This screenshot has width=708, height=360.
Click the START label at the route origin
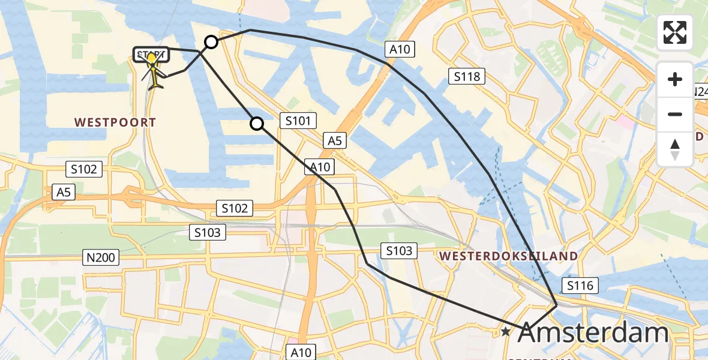coord(151,55)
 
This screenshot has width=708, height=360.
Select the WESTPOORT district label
coord(115,122)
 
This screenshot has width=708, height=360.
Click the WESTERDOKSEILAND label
coord(509,256)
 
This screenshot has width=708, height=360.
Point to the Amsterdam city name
coord(592,332)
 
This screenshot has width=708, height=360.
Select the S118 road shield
coord(467,76)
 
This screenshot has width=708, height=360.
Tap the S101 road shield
coord(298,121)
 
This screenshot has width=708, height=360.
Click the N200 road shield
coord(101,258)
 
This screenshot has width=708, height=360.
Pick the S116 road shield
coord(580,286)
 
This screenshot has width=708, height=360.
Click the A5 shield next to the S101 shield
coord(334,141)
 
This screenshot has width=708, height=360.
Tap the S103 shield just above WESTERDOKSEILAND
coord(399,251)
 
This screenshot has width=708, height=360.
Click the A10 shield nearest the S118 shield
coord(400,49)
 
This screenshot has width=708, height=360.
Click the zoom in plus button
coord(675,80)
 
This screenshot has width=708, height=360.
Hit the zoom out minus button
coord(675,114)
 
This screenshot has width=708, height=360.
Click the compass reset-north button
coord(675,149)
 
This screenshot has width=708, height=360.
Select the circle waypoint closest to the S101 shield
coord(257,124)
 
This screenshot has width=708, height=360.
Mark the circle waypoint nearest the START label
coord(211,41)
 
